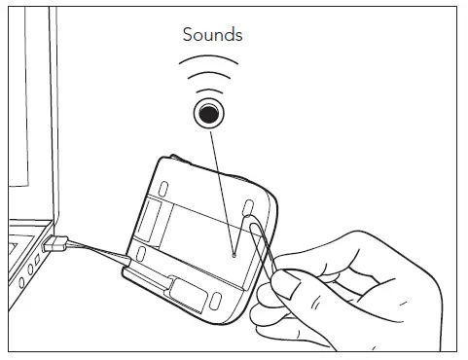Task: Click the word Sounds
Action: (x=213, y=35)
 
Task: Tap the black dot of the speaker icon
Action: (x=207, y=113)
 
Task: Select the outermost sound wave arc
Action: (x=207, y=62)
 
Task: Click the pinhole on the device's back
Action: (x=234, y=256)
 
